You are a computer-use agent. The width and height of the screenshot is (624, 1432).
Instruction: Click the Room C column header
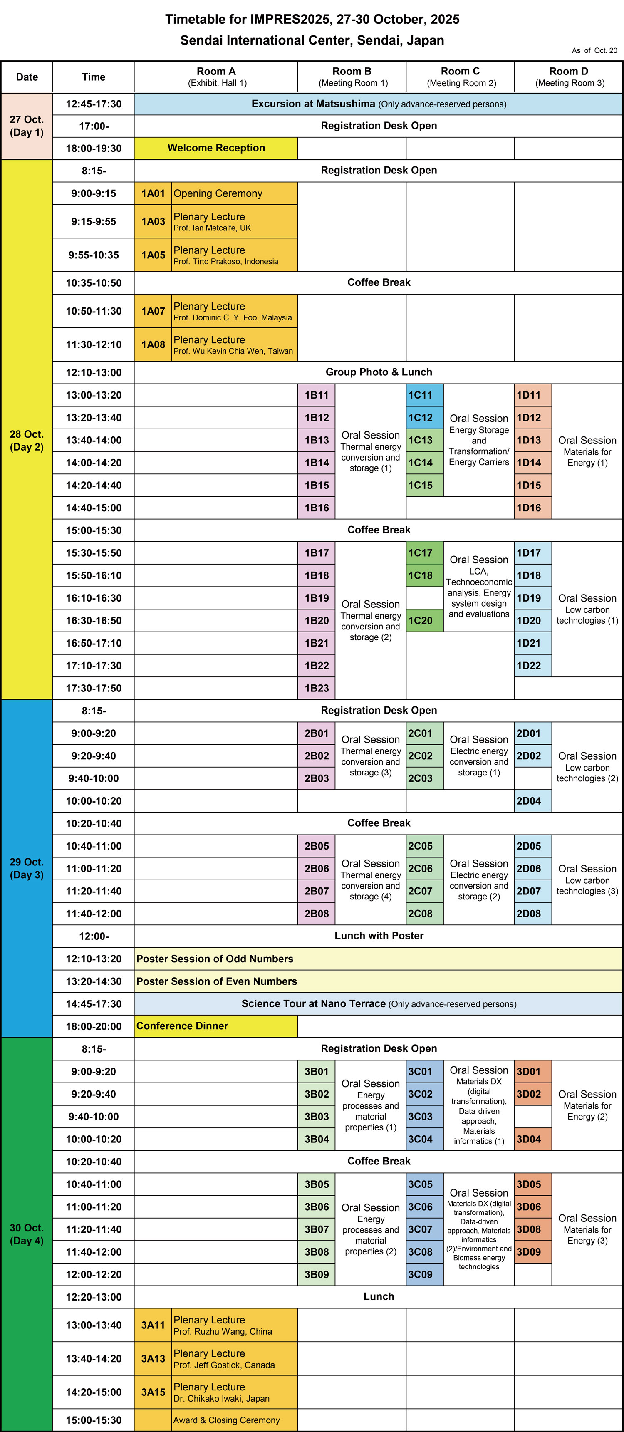click(460, 77)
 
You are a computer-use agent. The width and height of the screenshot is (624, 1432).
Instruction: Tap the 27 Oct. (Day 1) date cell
click(27, 126)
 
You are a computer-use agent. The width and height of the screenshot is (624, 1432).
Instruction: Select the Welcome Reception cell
click(216, 148)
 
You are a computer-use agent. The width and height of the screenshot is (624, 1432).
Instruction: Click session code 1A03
click(153, 221)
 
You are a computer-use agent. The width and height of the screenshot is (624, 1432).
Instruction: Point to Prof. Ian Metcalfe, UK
click(212, 228)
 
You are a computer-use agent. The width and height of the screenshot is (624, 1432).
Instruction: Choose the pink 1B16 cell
click(316, 508)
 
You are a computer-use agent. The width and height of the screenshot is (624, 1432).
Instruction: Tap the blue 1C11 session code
click(424, 395)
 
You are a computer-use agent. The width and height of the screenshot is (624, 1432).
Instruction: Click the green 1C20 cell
click(424, 620)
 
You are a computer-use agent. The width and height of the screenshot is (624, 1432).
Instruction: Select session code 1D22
click(532, 665)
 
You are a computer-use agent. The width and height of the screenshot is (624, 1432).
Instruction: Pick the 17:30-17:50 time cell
click(93, 688)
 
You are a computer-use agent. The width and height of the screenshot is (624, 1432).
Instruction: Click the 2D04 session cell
click(532, 801)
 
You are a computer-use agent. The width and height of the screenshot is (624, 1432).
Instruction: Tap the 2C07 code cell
click(424, 891)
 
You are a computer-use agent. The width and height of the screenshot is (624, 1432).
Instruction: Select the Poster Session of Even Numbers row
click(217, 981)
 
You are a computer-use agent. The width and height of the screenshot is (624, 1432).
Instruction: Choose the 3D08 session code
click(532, 1229)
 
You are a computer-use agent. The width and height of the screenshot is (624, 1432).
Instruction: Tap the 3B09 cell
click(316, 1275)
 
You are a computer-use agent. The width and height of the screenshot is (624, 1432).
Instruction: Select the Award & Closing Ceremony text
click(226, 1420)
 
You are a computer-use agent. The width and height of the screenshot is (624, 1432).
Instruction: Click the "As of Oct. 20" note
click(594, 51)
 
